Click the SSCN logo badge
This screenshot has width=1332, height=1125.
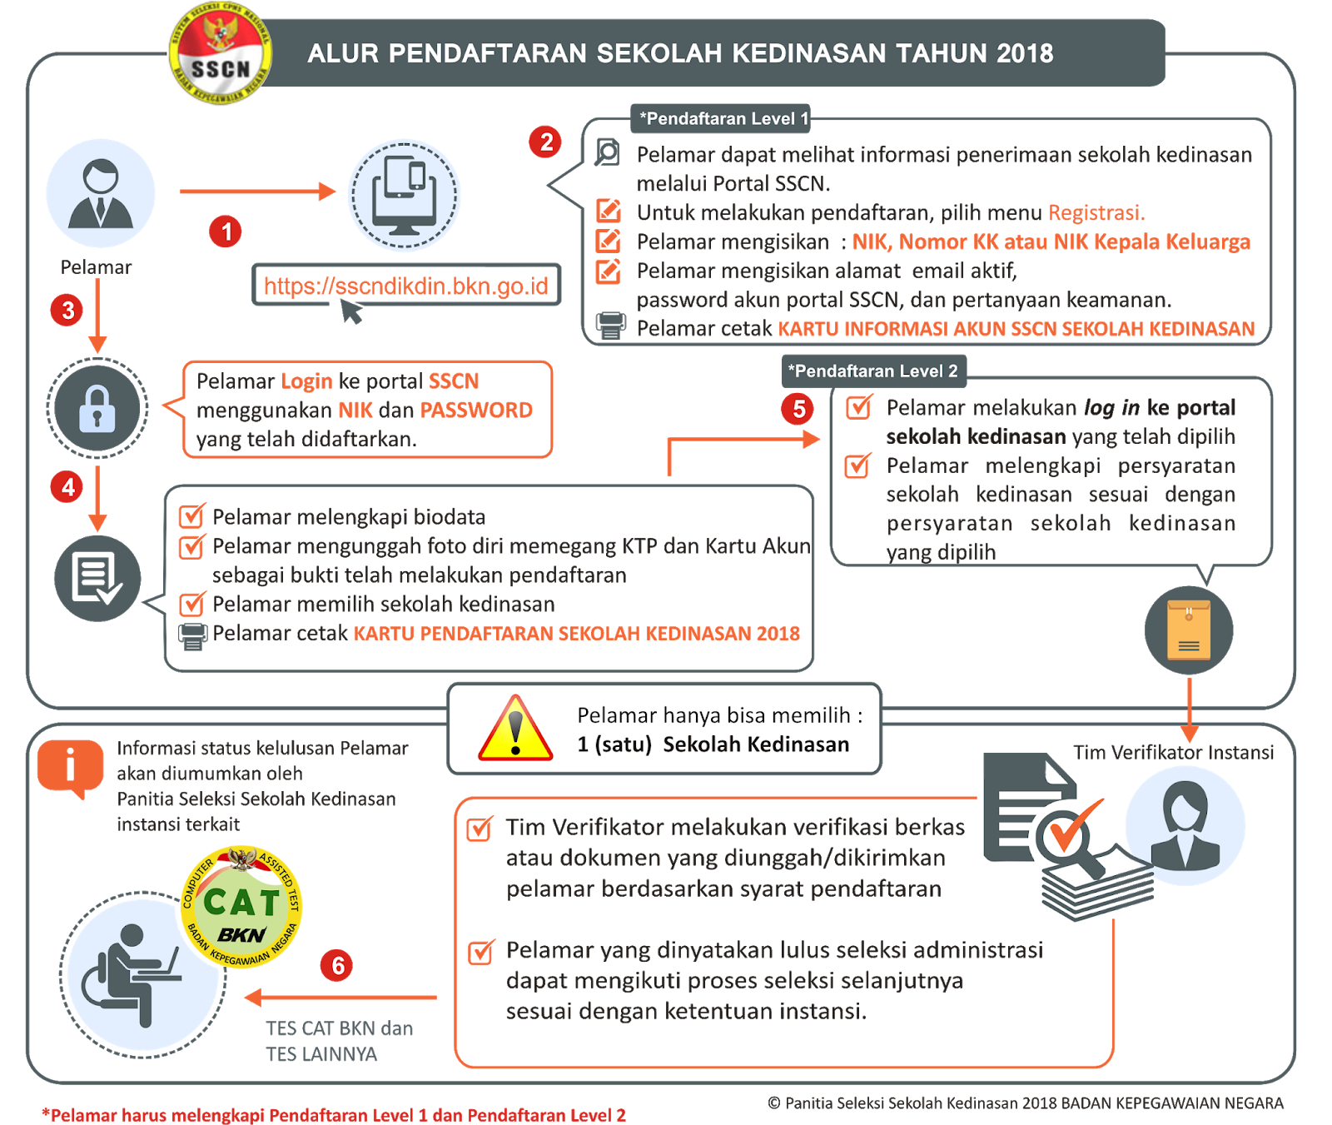pos(220,54)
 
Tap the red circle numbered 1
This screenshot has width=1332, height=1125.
pos(226,231)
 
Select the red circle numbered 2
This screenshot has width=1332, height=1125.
pos(546,142)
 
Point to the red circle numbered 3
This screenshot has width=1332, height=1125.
pos(68,311)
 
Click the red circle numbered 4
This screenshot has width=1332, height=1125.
pos(68,487)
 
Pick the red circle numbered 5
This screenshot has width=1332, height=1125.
pos(798,409)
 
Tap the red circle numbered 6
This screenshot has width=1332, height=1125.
pos(337,966)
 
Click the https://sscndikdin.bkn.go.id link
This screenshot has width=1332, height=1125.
pos(406,286)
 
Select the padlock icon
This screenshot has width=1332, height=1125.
pos(97,408)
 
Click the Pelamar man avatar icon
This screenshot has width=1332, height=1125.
pos(101,193)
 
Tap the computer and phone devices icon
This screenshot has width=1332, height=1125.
pos(404,195)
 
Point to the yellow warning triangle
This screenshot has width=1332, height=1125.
pos(515,729)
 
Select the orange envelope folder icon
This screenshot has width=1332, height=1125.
pos(1189,630)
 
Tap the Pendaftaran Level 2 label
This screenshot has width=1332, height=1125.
pos(874,371)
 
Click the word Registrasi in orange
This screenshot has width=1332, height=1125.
pos(1096,213)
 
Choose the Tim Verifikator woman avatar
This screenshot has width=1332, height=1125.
pos(1185,825)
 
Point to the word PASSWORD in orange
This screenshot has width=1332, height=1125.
pos(476,410)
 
